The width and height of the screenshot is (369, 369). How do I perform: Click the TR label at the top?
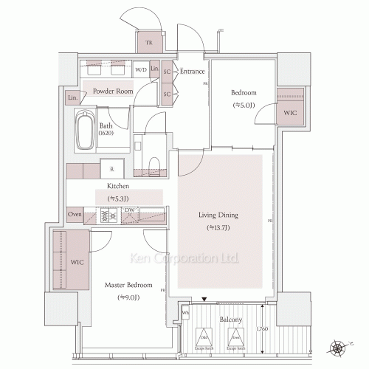pyautogui.click(x=149, y=43)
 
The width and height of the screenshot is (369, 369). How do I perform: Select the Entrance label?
pyautogui.click(x=193, y=72)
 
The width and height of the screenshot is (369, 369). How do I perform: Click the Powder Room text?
pyautogui.click(x=112, y=92)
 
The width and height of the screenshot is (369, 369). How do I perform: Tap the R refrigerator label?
pyautogui.click(x=111, y=170)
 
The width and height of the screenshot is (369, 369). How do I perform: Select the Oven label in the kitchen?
pyautogui.click(x=74, y=214)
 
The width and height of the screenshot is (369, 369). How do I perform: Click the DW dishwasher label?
pyautogui.click(x=129, y=210)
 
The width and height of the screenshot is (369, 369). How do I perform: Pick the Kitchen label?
pyautogui.click(x=119, y=187)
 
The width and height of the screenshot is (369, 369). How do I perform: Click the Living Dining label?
pyautogui.click(x=219, y=215)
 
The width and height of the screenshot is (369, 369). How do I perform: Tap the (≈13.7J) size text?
pyautogui.click(x=219, y=228)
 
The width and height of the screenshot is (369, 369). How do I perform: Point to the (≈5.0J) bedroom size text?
pyautogui.click(x=243, y=105)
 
